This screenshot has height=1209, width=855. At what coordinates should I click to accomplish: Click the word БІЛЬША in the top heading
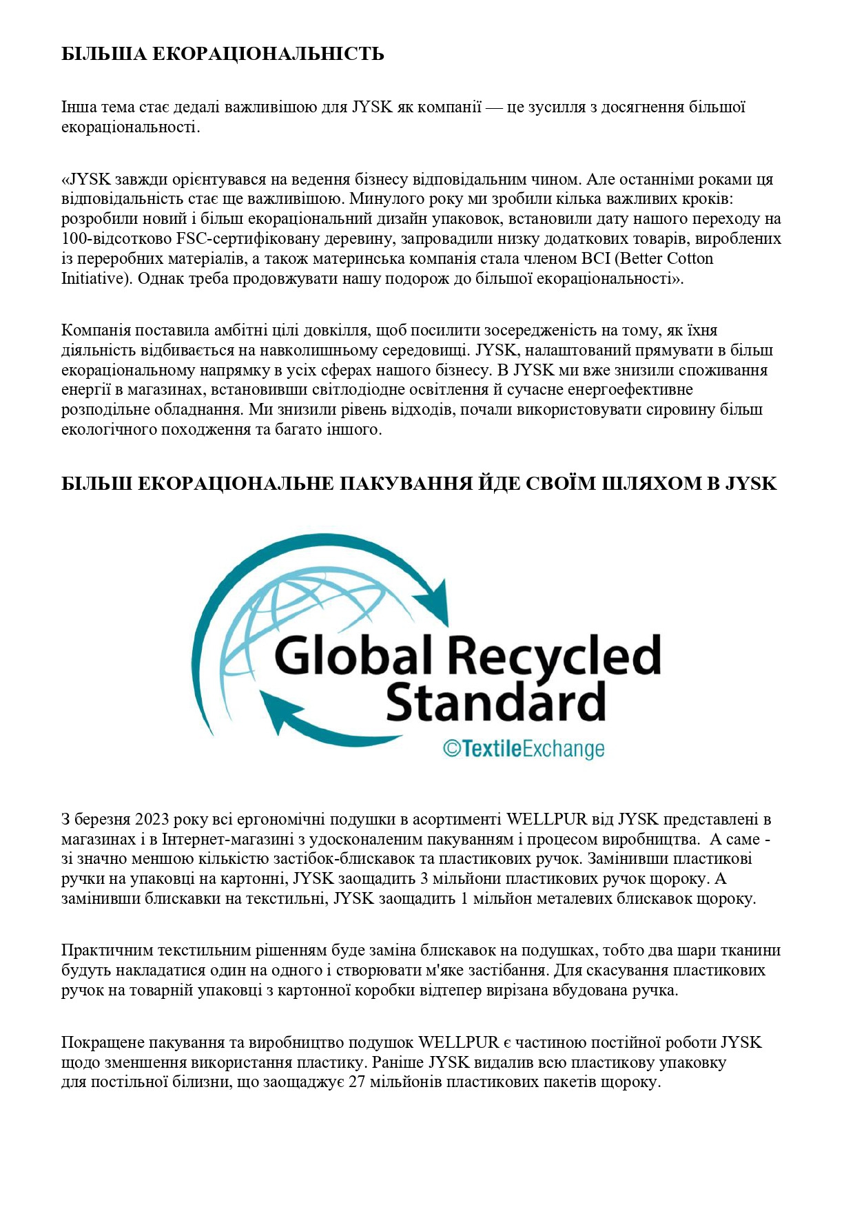pos(103,54)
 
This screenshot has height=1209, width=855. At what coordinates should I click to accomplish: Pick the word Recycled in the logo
pos(555,657)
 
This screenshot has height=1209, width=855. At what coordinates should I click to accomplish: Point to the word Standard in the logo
pos(495,703)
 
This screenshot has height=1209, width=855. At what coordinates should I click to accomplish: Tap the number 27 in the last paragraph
pos(356,1082)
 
